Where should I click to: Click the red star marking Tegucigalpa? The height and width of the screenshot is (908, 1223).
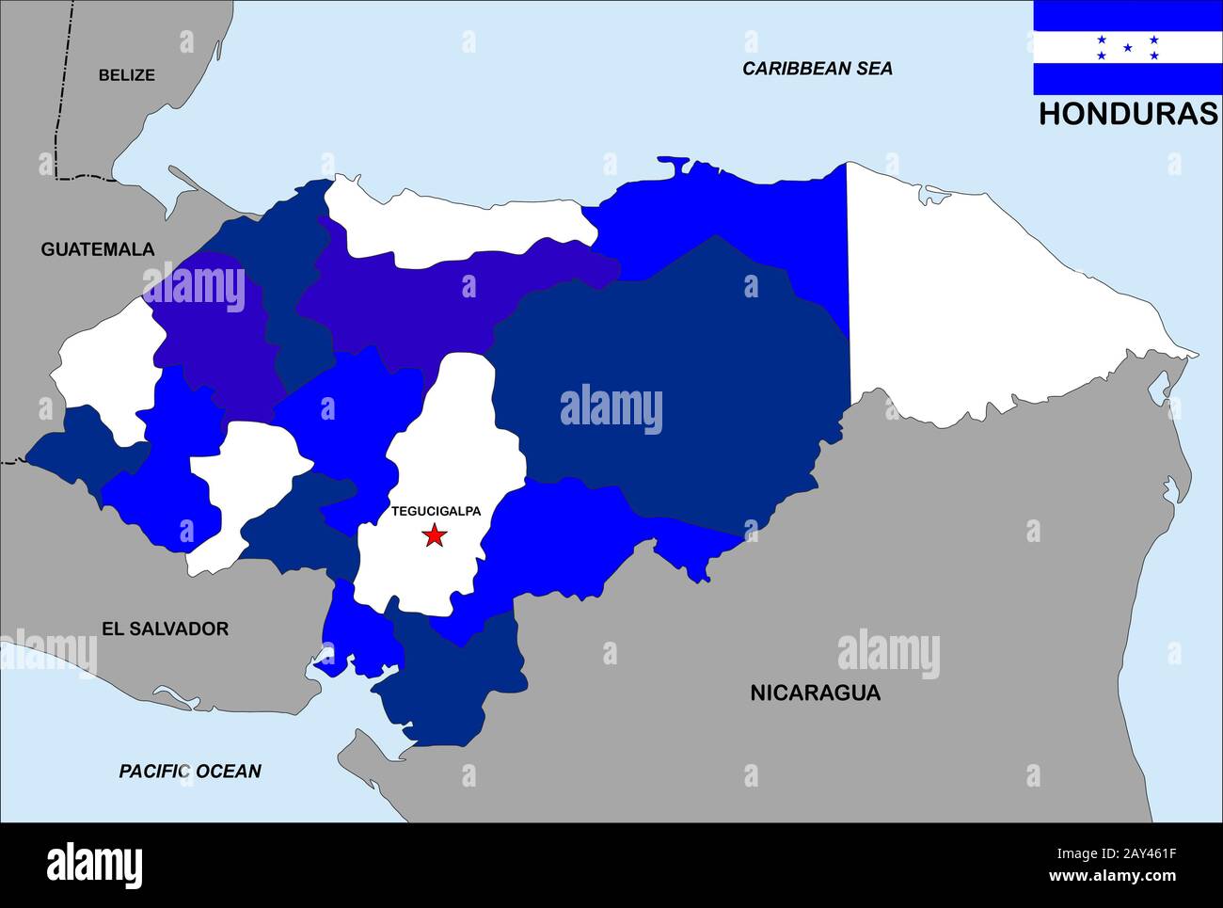point(434,535)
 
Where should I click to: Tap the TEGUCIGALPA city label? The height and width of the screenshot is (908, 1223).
point(436,511)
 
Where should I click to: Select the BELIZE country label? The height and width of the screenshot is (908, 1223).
point(126,75)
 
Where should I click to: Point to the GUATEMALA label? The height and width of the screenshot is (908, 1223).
point(97,249)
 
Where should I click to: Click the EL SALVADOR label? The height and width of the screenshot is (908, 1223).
point(165,629)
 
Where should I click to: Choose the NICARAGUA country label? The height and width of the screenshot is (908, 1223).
point(815,693)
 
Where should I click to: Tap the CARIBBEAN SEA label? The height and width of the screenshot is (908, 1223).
point(817,68)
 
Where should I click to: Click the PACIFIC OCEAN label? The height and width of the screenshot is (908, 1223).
point(190,772)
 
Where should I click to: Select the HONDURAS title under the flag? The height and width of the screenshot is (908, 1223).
point(1127,114)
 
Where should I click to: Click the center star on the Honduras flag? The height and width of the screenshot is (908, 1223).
point(1127,47)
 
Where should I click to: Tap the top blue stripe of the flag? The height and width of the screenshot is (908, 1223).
point(1127,15)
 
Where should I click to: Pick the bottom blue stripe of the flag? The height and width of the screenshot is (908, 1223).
point(1127,79)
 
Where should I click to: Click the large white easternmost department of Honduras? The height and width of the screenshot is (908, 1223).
point(997,301)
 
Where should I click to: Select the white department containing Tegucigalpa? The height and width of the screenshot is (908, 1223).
point(423,565)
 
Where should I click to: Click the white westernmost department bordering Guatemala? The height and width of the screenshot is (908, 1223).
point(103,367)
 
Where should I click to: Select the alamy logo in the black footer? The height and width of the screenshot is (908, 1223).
point(94,865)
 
